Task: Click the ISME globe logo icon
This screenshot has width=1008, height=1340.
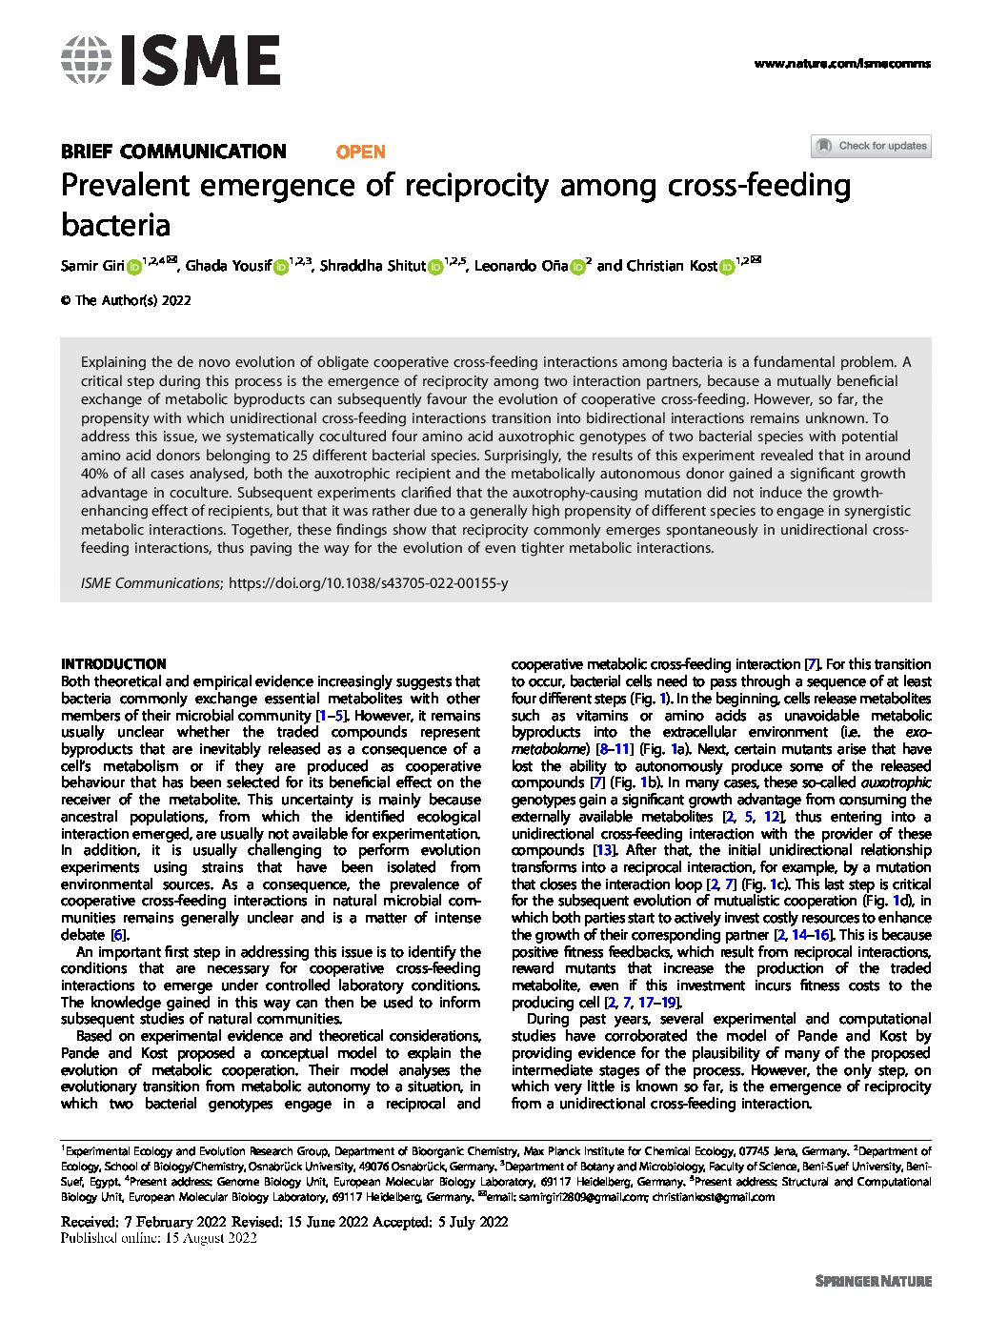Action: coord(86,60)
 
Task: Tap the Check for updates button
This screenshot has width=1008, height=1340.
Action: coord(871,146)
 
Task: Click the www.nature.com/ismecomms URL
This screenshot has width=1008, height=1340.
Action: coord(841,64)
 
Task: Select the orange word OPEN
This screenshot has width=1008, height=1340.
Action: coord(361,152)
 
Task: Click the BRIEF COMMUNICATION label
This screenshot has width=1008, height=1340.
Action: coord(173,152)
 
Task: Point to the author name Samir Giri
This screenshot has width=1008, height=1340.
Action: coord(92,266)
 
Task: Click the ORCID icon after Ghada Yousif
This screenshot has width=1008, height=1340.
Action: coord(280,267)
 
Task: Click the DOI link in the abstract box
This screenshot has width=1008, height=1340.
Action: coord(369,582)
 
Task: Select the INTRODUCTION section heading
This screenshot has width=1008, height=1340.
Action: coord(113,664)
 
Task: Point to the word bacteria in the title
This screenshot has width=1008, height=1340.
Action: coord(115,226)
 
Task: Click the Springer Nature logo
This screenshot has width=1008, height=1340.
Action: coord(873,1281)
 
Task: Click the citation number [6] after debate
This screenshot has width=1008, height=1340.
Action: coord(119,935)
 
